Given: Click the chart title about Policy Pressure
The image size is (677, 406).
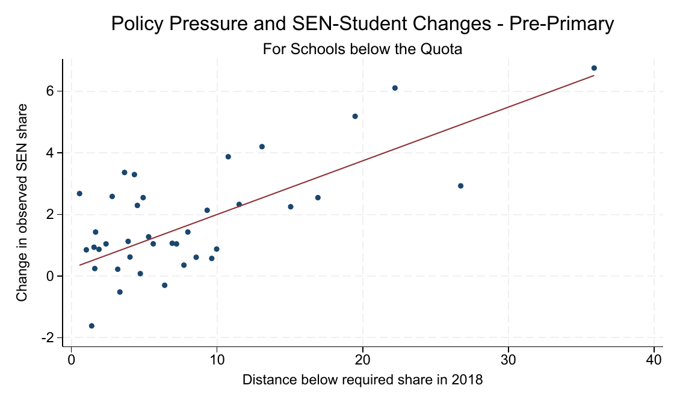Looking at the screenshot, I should pyautogui.click(x=362, y=24).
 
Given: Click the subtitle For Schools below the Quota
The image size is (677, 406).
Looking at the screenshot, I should pyautogui.click(x=362, y=49).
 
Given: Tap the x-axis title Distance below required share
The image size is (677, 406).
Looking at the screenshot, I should pyautogui.click(x=362, y=380).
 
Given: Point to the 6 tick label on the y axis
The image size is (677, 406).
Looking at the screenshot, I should pyautogui.click(x=51, y=91).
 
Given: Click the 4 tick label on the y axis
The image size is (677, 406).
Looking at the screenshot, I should pyautogui.click(x=51, y=153).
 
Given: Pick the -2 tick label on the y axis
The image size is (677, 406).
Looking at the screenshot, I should pyautogui.click(x=48, y=338).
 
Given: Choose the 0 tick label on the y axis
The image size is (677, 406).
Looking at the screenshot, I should pyautogui.click(x=51, y=276).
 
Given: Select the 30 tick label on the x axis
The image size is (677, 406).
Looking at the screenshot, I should pyautogui.click(x=509, y=360).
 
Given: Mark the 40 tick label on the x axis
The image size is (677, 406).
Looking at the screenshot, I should pyautogui.click(x=654, y=360).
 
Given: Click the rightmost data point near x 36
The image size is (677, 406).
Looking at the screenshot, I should pyautogui.click(x=594, y=68).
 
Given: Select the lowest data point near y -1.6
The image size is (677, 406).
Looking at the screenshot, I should pyautogui.click(x=91, y=326).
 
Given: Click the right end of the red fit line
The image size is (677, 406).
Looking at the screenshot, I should pyautogui.click(x=594, y=76).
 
